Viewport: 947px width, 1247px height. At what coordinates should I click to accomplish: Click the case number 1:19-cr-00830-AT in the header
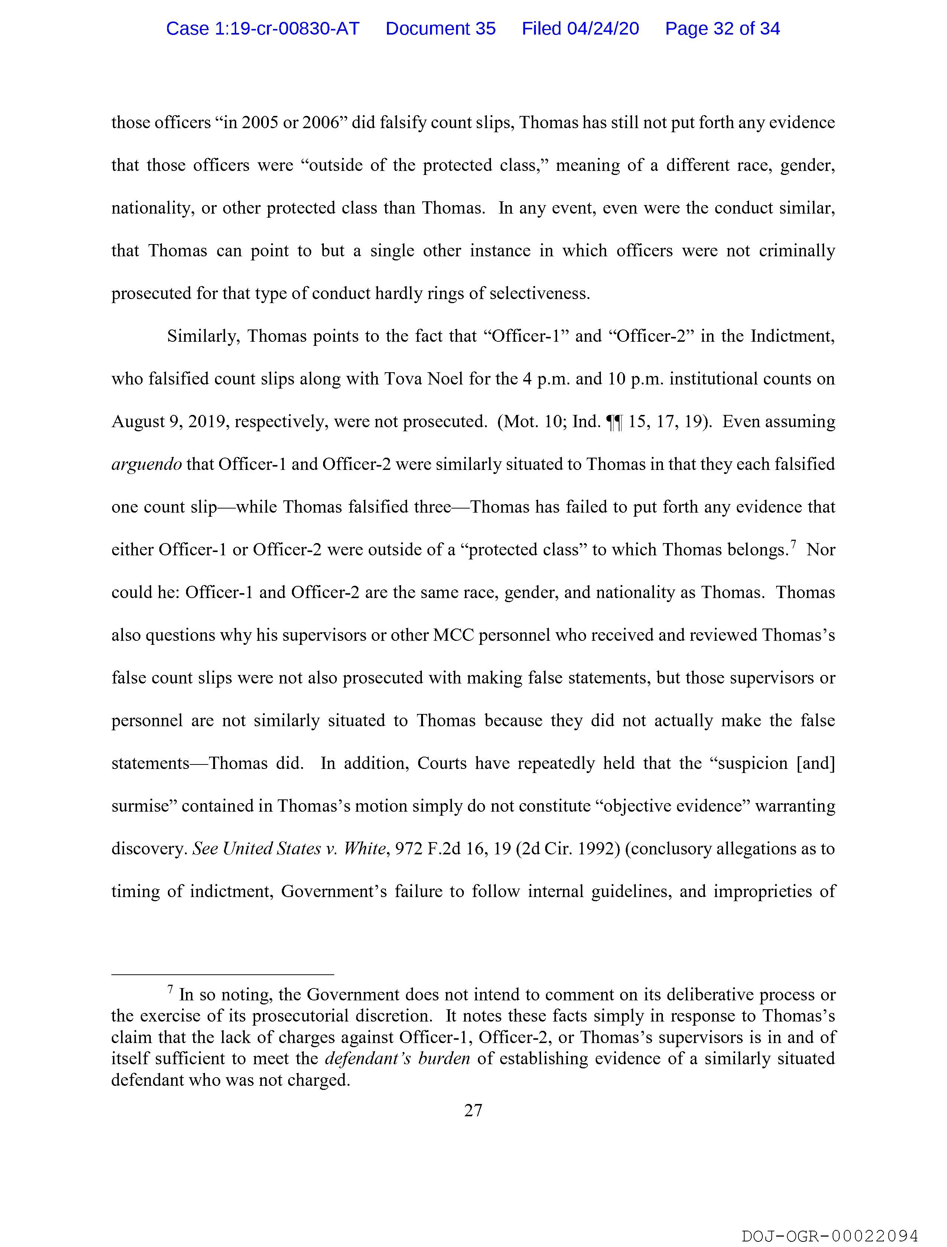coord(263,29)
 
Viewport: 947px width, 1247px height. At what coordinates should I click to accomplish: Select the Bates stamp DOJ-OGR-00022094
coord(830,1235)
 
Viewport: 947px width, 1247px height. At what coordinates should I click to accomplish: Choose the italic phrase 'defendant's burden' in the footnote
coord(397,1059)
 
